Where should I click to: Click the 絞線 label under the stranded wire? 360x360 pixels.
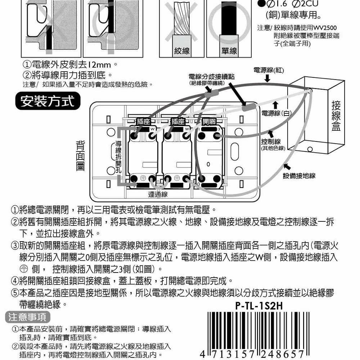click(x=181, y=51)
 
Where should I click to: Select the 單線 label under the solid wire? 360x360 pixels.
click(x=229, y=51)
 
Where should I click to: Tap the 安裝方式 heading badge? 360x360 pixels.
click(x=48, y=102)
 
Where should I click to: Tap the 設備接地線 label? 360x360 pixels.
click(x=299, y=176)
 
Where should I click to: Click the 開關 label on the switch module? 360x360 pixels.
click(x=209, y=122)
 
